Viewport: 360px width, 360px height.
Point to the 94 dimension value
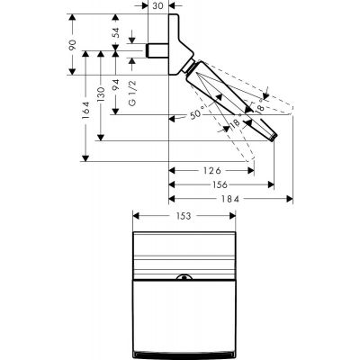tap(115, 87)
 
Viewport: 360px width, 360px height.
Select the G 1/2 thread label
tap(131, 94)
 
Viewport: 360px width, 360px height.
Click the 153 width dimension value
tap(181, 217)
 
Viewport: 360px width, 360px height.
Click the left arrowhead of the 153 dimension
tap(136, 217)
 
